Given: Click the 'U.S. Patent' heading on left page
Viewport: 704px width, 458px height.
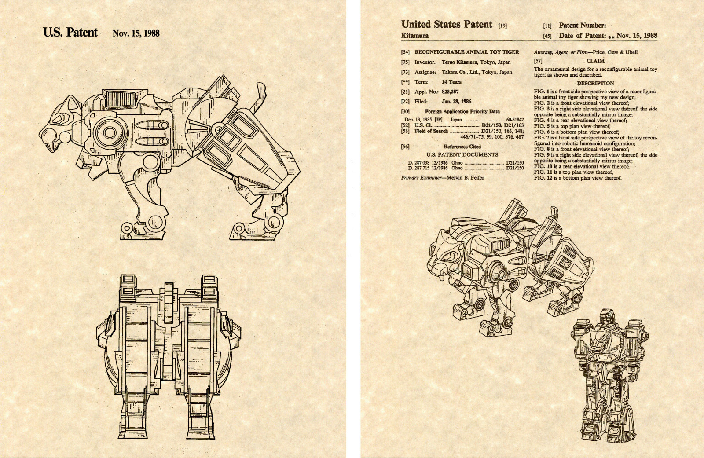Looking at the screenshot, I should point(70,33).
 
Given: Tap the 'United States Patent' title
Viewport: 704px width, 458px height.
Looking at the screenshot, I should point(446,25).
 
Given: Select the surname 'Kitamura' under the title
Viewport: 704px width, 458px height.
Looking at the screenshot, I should point(414,36).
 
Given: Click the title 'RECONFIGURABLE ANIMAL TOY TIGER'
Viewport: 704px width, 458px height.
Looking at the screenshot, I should point(466,52).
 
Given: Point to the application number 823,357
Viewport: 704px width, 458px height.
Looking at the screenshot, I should point(450,92).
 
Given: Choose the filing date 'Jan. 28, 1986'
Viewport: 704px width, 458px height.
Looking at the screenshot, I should point(456,101).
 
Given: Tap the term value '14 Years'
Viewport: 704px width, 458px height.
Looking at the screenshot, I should point(451,82).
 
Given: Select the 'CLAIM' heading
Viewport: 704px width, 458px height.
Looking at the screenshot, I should point(595,61).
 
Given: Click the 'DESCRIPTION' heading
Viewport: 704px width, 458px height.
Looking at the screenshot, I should point(595,83).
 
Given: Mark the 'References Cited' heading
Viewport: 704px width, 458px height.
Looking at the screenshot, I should point(462,147).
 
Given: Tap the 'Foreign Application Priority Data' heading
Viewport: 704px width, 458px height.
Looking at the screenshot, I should point(462,111).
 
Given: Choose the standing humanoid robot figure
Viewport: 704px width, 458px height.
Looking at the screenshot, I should point(609,374).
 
